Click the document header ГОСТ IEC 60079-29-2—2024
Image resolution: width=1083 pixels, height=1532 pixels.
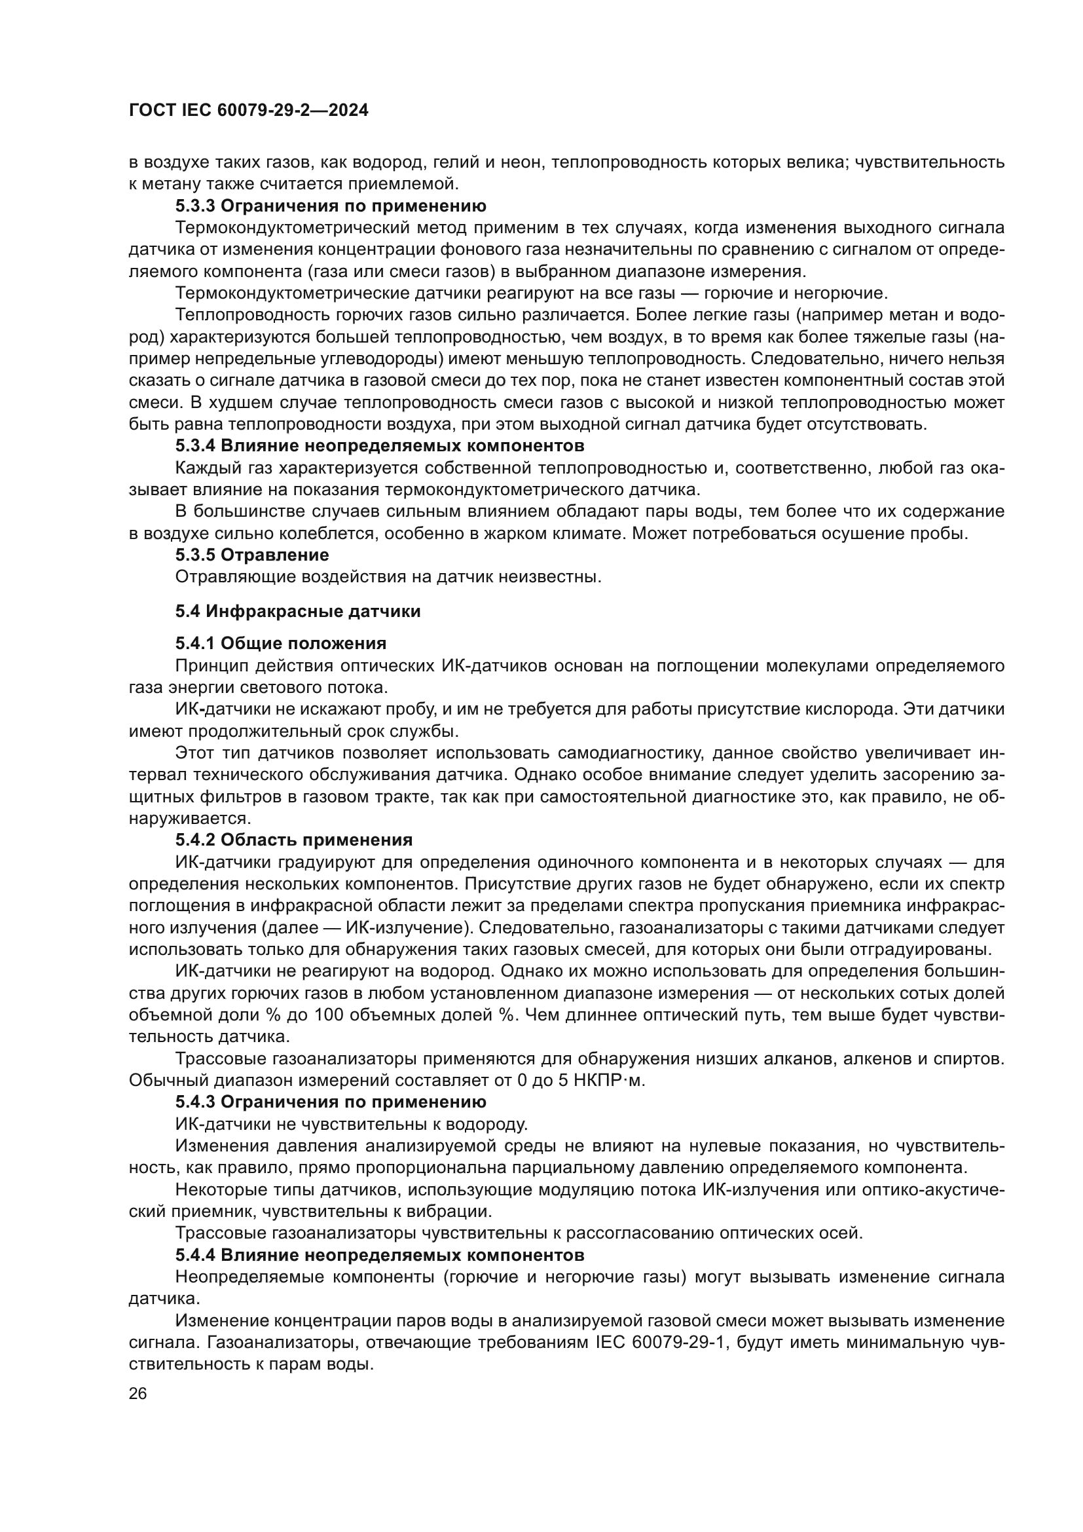click(248, 111)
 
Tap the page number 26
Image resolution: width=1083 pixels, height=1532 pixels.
click(138, 1393)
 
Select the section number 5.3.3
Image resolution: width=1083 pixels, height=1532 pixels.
click(195, 206)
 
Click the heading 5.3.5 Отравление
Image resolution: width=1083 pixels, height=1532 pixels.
click(252, 555)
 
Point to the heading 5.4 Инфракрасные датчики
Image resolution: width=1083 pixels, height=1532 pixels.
click(298, 611)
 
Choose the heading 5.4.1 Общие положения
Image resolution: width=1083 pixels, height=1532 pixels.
click(281, 643)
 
